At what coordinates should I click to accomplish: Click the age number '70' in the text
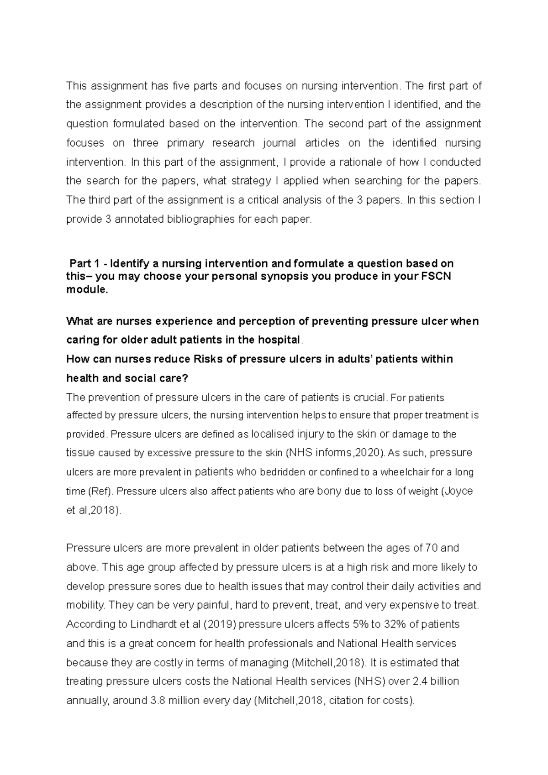[431, 548]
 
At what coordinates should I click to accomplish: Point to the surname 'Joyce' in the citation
[460, 491]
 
